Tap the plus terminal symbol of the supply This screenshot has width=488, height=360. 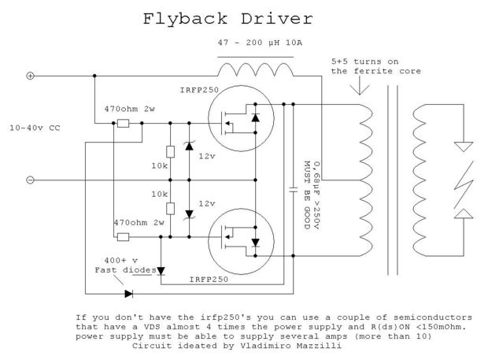tap(30, 76)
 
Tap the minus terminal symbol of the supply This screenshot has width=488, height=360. tap(30, 180)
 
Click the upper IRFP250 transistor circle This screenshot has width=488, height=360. tap(241, 123)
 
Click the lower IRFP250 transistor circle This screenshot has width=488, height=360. tap(241, 233)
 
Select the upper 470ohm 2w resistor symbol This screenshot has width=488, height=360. tap(123, 123)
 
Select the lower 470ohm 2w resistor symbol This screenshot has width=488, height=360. tap(123, 234)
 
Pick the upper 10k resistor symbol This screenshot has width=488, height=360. tap(169, 153)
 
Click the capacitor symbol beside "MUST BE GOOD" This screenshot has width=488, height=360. tap(291, 189)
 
